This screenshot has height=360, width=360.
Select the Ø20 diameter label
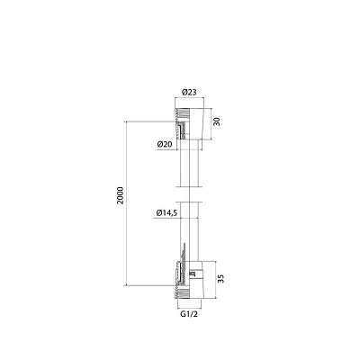tap(164, 144)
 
